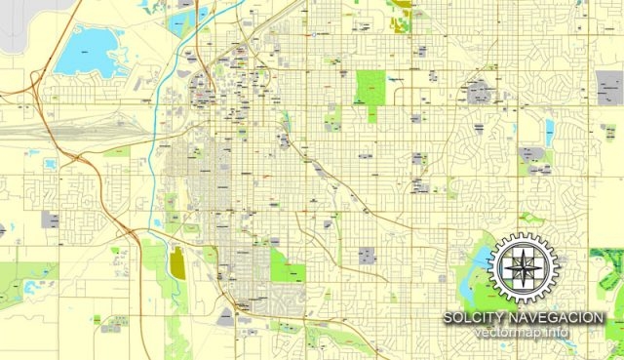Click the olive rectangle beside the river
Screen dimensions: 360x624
[176, 262]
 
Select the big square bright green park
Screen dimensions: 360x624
[370, 88]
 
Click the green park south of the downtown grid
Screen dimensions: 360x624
[289, 264]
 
